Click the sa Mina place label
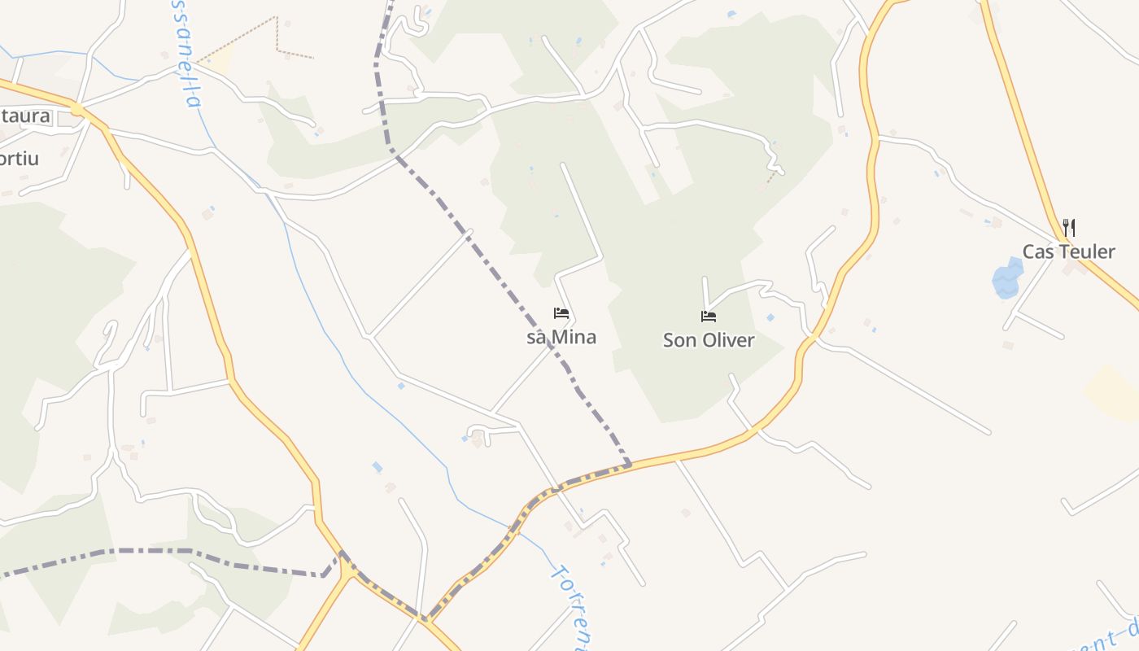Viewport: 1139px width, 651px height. coord(561,337)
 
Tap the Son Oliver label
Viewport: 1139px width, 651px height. coord(709,340)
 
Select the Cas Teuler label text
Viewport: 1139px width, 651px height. coord(1068,251)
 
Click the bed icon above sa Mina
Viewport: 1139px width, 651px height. coord(561,313)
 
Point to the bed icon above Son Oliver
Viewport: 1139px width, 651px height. coord(709,317)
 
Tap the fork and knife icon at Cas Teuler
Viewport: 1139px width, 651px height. coord(1069,228)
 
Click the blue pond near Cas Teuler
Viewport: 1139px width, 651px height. coord(1007,279)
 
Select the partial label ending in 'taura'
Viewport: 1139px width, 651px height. coord(24,116)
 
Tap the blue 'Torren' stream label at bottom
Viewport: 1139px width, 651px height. coord(569,606)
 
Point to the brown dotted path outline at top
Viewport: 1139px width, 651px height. coord(277,37)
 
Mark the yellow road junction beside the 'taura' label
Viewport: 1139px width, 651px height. coord(76,108)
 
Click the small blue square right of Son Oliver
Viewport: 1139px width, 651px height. coord(770,317)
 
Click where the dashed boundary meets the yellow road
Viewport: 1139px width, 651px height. coord(629,465)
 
